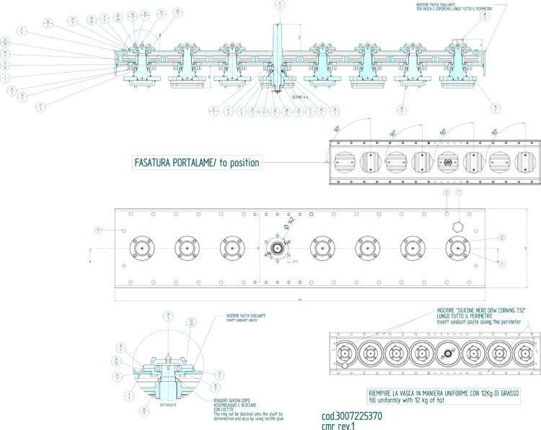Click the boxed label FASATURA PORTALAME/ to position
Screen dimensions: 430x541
point(196,163)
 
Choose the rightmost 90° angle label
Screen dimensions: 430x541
point(496,133)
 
